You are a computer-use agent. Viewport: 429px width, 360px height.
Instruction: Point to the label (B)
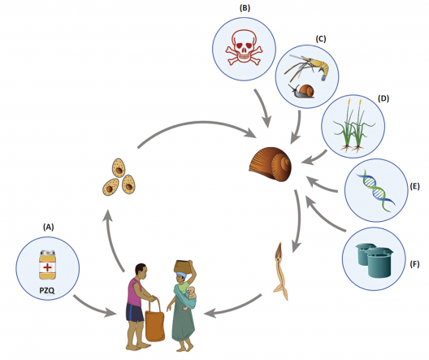pos(245,7)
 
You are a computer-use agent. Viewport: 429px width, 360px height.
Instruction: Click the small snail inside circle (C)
pos(307,93)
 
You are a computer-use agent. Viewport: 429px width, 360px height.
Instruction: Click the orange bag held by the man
pos(151,314)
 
